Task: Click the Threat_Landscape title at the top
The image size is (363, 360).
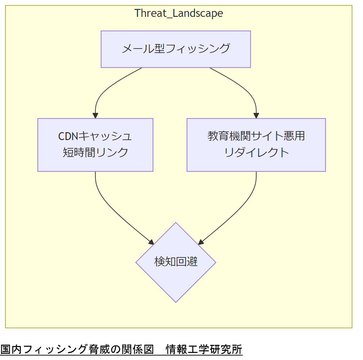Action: coord(178,13)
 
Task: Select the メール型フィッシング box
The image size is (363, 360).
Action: coord(176,49)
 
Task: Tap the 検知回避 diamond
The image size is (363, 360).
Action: coord(176,262)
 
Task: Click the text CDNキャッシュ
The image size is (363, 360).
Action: coord(95,136)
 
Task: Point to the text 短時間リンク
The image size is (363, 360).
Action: coord(95,152)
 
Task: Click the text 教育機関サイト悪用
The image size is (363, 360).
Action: coord(256,136)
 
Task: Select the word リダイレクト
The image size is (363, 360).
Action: coord(256,152)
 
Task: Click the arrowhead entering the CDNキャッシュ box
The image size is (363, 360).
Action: coord(95,116)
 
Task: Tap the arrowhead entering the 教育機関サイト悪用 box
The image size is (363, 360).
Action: coord(256,116)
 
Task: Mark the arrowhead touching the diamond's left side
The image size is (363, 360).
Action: coord(151,241)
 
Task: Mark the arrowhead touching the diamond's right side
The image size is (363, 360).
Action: coord(200,241)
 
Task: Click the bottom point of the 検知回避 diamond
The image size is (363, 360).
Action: coord(176,301)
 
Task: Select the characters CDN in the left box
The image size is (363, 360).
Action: coord(68,136)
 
